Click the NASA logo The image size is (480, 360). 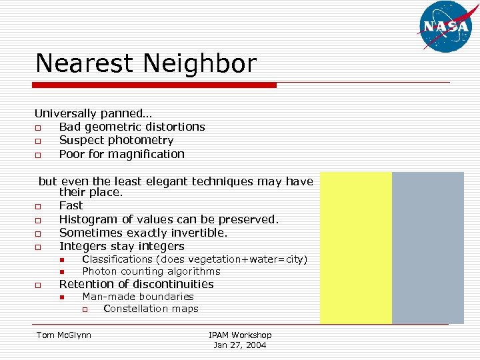[x=445, y=27]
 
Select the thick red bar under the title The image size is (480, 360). [x=155, y=85]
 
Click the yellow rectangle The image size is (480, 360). [x=356, y=247]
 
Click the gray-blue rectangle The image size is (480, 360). [x=427, y=247]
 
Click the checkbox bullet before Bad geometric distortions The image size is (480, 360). [x=39, y=127]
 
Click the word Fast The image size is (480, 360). [x=71, y=206]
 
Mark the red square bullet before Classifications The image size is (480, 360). [x=61, y=259]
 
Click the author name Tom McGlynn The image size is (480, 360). [x=64, y=335]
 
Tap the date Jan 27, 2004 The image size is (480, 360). [x=240, y=345]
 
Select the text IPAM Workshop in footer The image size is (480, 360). [x=240, y=335]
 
